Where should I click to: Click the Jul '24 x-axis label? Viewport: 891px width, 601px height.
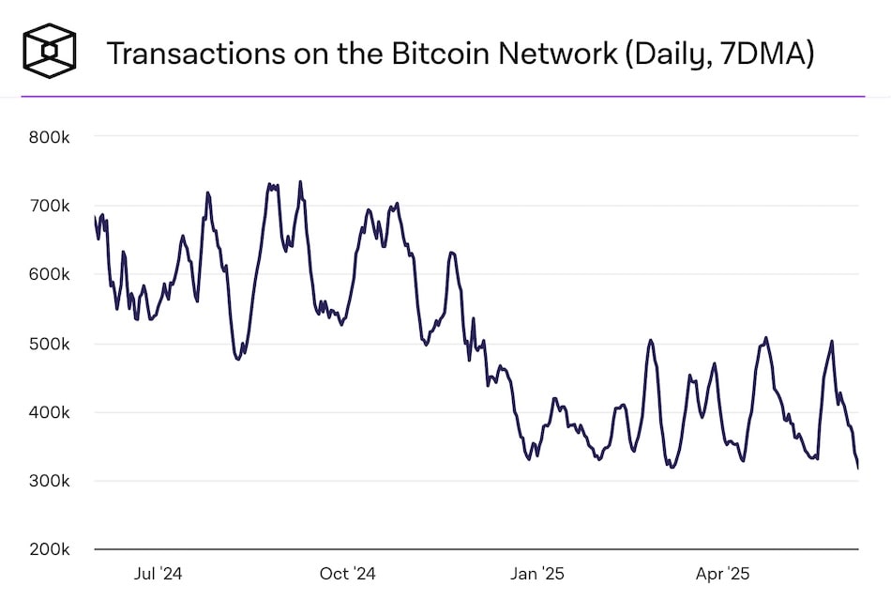tap(158, 573)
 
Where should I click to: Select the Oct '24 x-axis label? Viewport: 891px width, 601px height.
tap(347, 573)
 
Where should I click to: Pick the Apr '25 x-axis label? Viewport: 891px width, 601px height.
tap(723, 573)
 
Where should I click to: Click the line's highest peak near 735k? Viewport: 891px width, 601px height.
tap(300, 182)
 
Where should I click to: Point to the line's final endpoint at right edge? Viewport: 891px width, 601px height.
tap(858, 468)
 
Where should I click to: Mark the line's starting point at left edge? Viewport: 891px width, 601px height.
tap(96, 217)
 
